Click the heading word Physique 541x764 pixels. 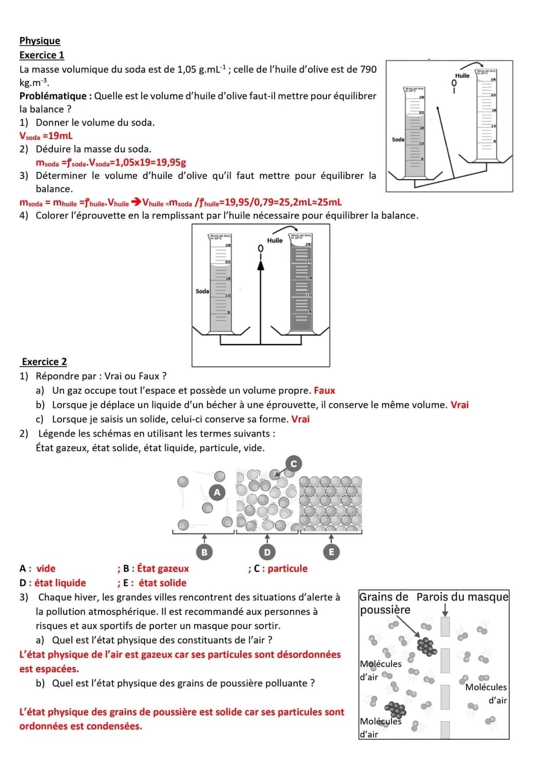pos(40,41)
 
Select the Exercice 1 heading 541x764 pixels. pos(42,55)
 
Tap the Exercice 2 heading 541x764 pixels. pos(44,361)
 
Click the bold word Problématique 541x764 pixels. pos(53,96)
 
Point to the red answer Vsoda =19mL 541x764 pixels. pos(46,136)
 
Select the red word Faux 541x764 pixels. pos(324,390)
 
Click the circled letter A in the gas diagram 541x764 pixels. pos(217,492)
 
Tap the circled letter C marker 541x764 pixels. pos(294,464)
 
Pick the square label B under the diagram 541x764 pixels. pos(204,552)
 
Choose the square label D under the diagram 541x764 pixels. pos(267,552)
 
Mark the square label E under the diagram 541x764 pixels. pos(331,552)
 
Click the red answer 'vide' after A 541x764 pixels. pos(46,568)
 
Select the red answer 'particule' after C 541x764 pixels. pos(287,568)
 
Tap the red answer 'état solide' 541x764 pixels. pos(162,582)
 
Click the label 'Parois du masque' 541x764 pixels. pos(462,597)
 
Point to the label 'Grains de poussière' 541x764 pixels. pos(384,603)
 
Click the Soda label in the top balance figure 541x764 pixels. pos(398,139)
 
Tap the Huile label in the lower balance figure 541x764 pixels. pos(275,240)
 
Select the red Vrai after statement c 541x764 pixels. pos(300,419)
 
